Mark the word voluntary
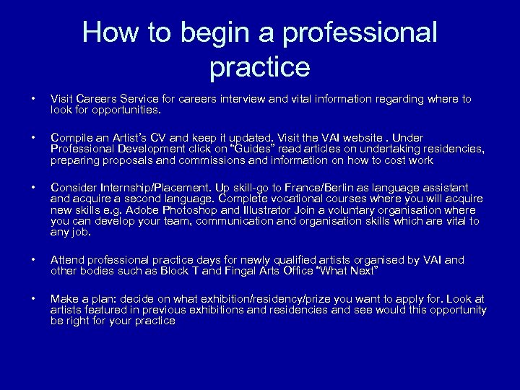tap(346, 210)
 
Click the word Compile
tap(71, 137)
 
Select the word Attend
tap(68, 260)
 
